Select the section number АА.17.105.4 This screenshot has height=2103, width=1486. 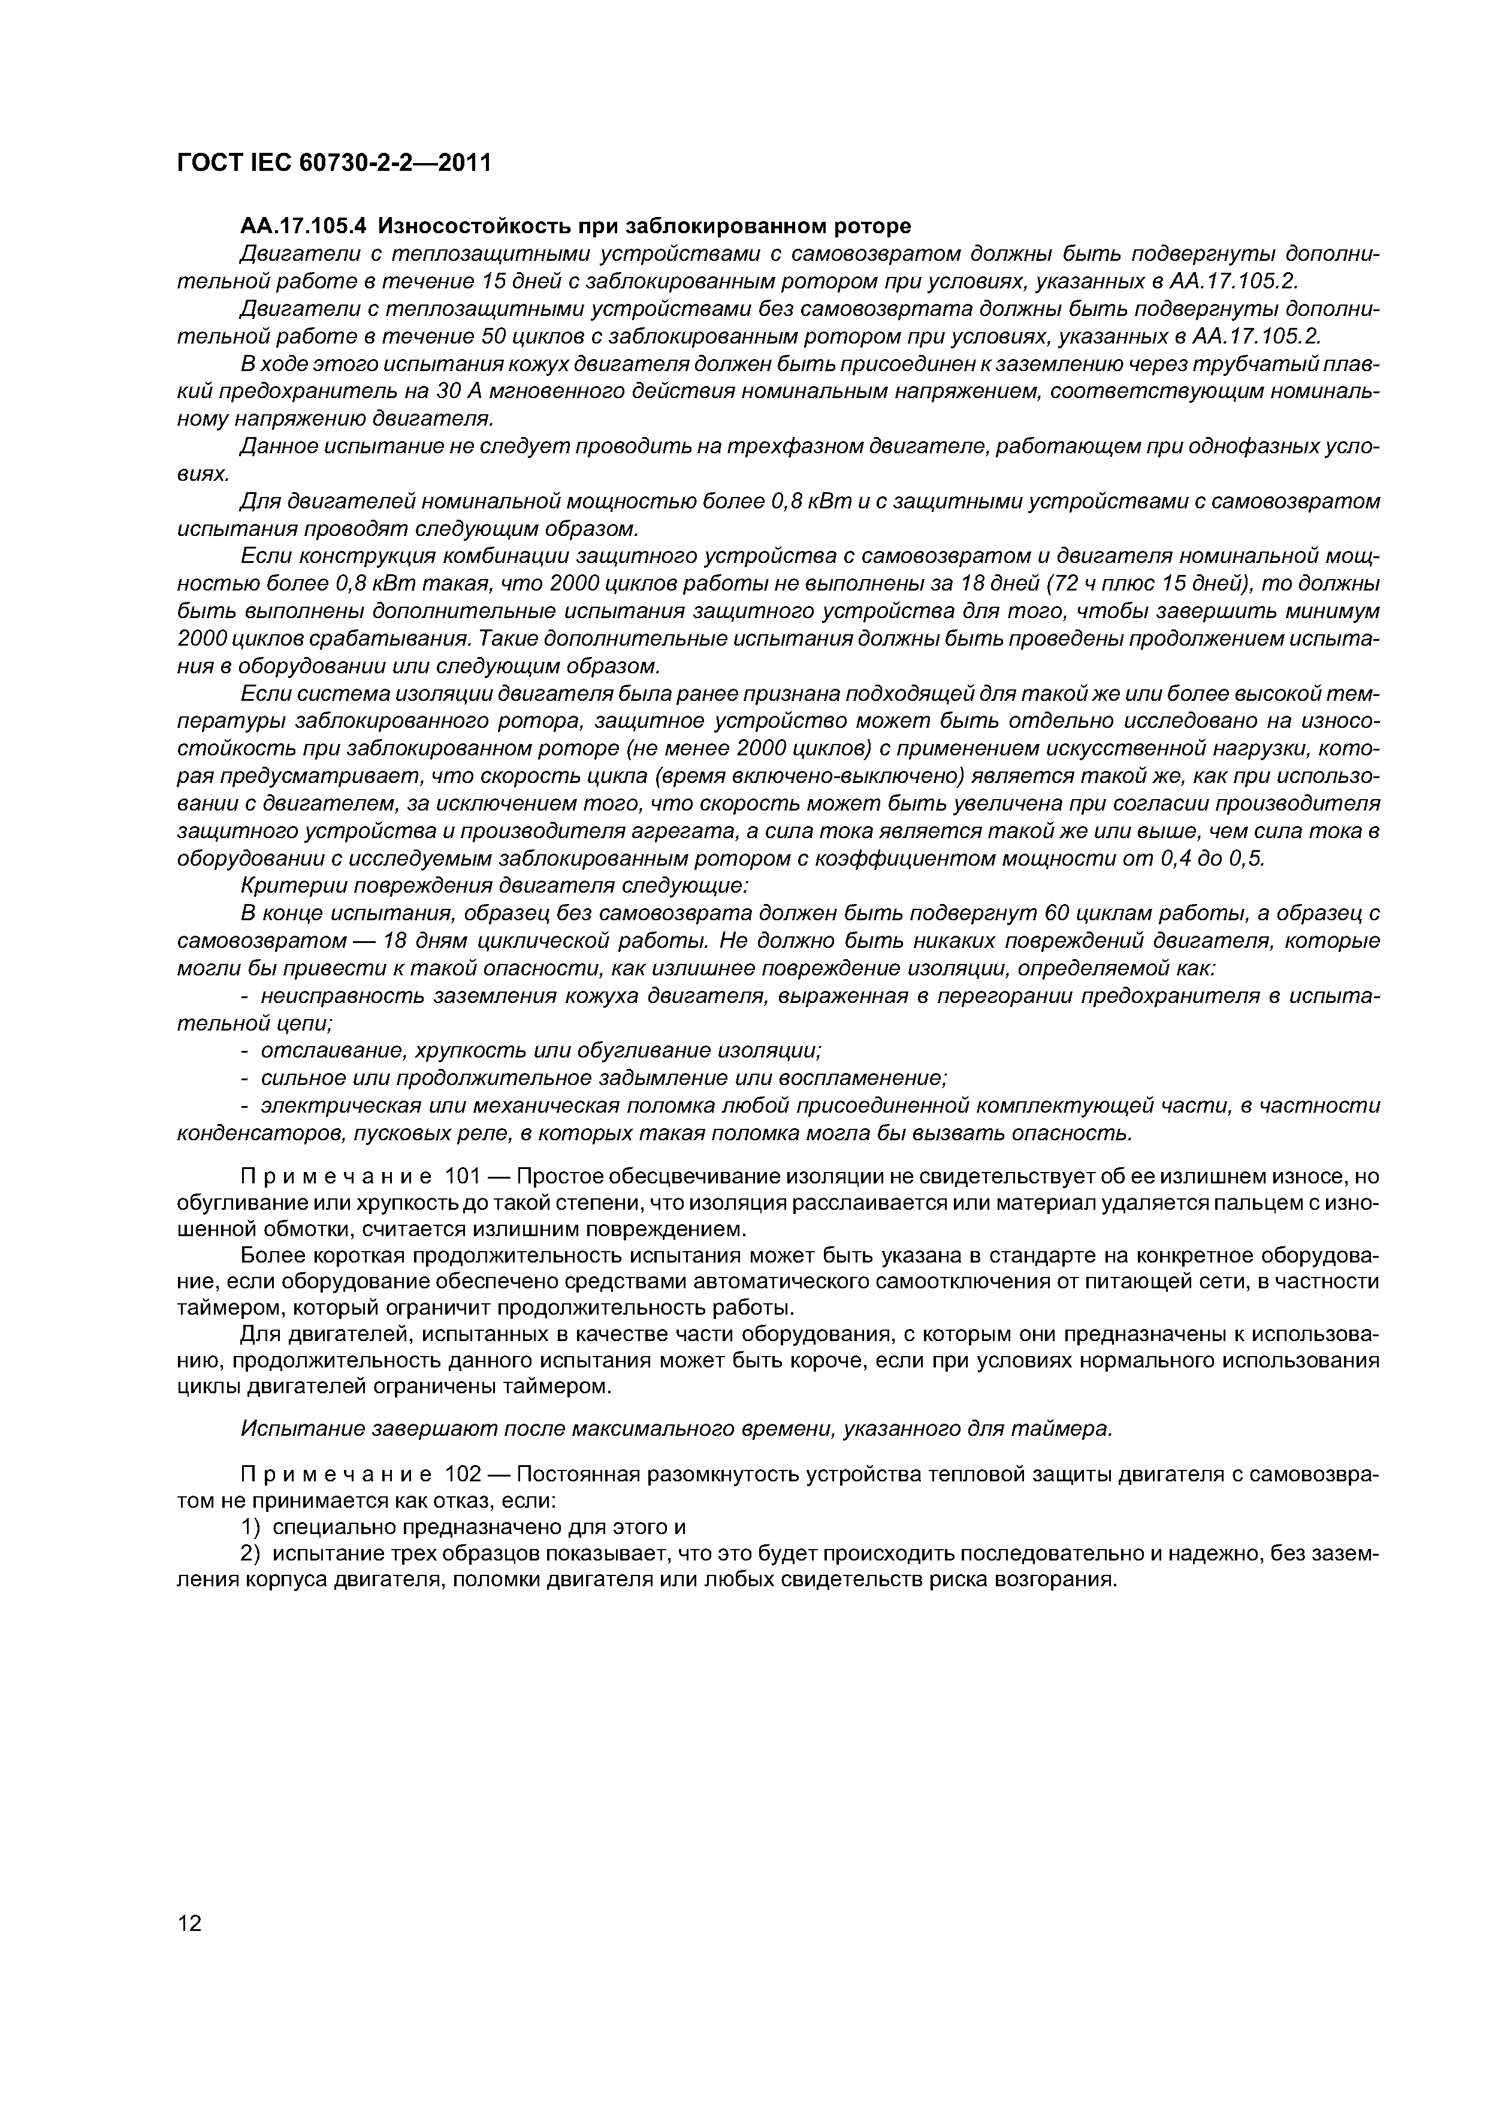click(302, 225)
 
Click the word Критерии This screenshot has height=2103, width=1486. click(282, 885)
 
